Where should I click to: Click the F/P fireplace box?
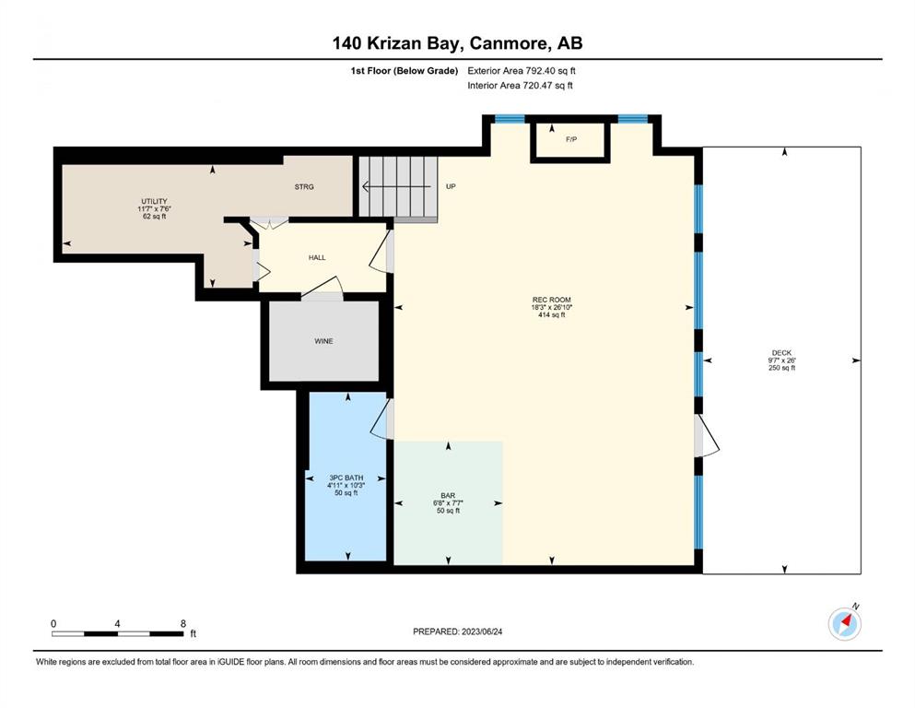tap(570, 139)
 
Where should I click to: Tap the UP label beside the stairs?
tap(451, 187)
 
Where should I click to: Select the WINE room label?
tap(323, 341)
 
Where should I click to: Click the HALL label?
tap(317, 257)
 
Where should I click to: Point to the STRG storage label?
tap(304, 187)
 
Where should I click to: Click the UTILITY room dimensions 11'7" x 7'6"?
tap(154, 209)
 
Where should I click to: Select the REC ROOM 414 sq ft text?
tap(551, 315)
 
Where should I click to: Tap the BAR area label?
tap(448, 496)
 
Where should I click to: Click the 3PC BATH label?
tap(346, 478)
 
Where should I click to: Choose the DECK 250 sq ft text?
tap(782, 368)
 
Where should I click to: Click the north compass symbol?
tap(845, 623)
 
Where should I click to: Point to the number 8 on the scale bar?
tap(183, 623)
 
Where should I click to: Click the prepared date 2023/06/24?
tap(482, 631)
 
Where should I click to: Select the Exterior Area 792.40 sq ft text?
tap(522, 71)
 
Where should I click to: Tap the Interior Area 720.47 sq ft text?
tap(520, 85)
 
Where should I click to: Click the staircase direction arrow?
tap(400, 187)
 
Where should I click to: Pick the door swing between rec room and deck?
tap(707, 435)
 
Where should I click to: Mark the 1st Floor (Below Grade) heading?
tap(405, 71)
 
